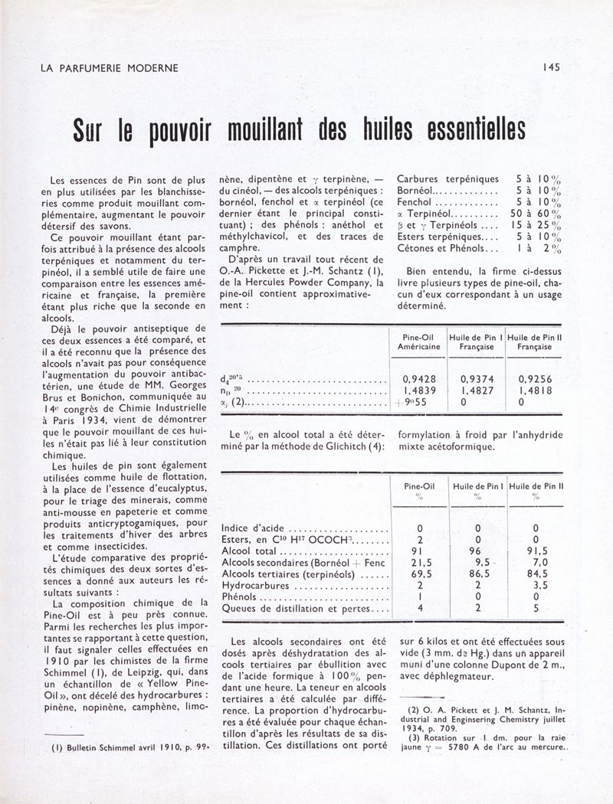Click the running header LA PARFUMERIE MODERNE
[x=109, y=67]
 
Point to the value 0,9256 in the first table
[x=535, y=377]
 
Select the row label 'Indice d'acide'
[x=252, y=528]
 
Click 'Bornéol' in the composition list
[x=418, y=191]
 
